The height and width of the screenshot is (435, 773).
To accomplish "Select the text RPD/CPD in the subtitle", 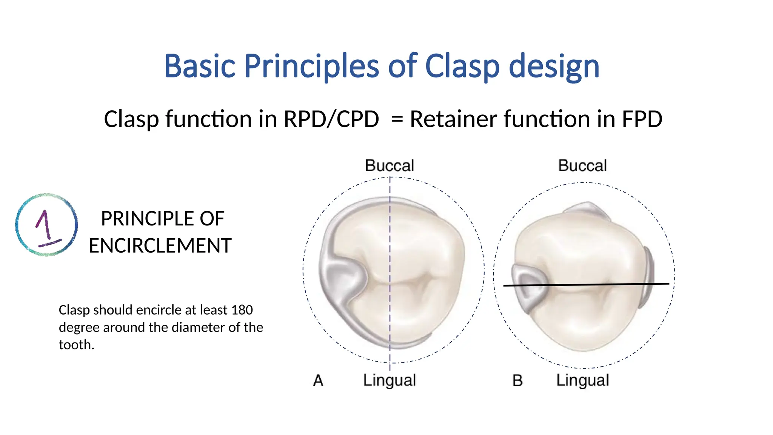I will click(331, 119).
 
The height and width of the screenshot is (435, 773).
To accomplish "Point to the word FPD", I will click(642, 119).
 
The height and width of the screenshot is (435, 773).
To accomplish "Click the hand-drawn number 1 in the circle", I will click(46, 225).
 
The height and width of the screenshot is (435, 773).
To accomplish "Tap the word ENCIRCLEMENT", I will click(160, 246).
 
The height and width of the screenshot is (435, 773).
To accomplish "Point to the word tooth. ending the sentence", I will click(76, 345).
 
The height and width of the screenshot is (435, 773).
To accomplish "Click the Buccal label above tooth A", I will click(390, 166).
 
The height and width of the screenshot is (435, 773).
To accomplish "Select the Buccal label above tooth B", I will click(582, 166).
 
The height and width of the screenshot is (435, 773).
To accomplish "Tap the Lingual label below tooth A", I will click(390, 380).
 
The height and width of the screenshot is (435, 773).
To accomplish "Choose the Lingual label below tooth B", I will click(582, 380).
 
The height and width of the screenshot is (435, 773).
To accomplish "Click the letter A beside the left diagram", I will click(318, 381).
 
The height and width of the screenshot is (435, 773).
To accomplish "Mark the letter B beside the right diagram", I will click(517, 381).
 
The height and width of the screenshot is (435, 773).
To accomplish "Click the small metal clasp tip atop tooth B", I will click(587, 210).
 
